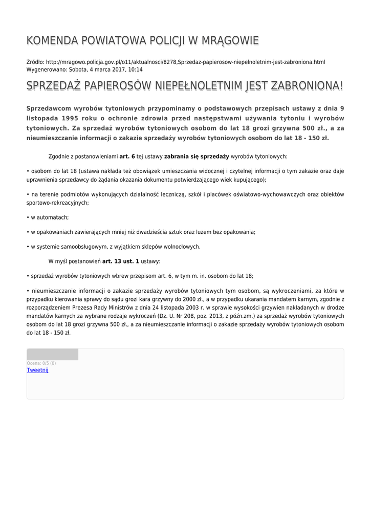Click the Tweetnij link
click(x=37, y=370)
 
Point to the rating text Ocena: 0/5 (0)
click(x=41, y=363)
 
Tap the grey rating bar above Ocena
click(x=52, y=354)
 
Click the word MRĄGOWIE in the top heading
click(x=231, y=40)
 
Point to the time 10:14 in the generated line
click(x=135, y=69)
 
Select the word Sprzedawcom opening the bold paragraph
click(x=49, y=108)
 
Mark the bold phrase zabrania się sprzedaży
click(x=196, y=156)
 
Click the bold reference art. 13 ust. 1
click(x=121, y=261)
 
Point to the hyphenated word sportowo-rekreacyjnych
click(x=58, y=203)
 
